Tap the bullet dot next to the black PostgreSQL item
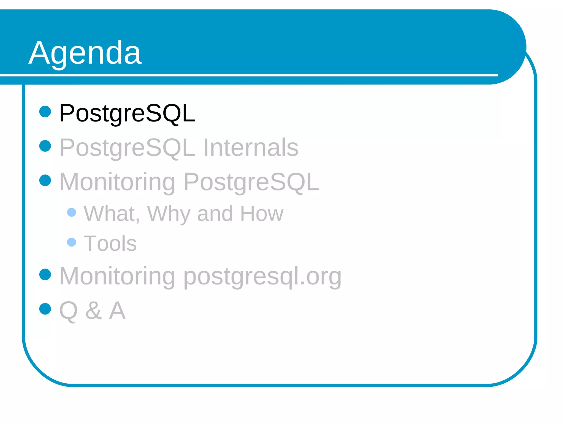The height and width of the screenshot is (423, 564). (x=45, y=112)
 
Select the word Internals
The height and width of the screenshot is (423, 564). (x=251, y=148)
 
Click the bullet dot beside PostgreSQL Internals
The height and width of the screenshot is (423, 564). (x=45, y=146)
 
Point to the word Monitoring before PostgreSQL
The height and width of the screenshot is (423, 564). (x=117, y=182)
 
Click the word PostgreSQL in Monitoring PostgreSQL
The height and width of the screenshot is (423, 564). (x=251, y=182)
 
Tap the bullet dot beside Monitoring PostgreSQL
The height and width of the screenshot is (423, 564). (x=45, y=180)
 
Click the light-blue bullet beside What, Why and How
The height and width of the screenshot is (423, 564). (x=72, y=212)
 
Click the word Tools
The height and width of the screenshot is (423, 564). (x=110, y=243)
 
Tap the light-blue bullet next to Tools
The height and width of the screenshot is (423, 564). (x=72, y=242)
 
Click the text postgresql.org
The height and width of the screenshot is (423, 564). (x=262, y=276)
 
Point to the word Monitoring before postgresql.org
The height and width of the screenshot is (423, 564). (x=117, y=276)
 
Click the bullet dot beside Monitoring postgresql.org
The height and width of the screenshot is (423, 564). (x=45, y=275)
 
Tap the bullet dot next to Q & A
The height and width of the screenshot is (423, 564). (x=45, y=309)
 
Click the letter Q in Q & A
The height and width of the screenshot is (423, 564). (x=68, y=311)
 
